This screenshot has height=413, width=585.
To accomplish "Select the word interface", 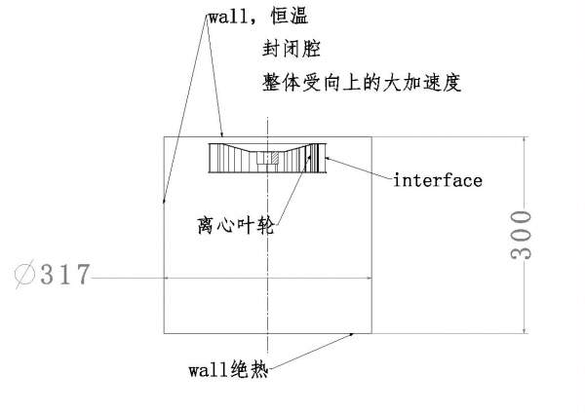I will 438,180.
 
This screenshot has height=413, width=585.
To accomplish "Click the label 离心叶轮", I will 235,225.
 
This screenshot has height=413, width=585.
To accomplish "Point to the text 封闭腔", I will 292,48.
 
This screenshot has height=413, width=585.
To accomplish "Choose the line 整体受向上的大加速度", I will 361,82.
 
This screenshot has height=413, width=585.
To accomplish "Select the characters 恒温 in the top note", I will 296,18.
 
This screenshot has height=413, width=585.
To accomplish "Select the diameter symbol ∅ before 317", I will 25,275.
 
